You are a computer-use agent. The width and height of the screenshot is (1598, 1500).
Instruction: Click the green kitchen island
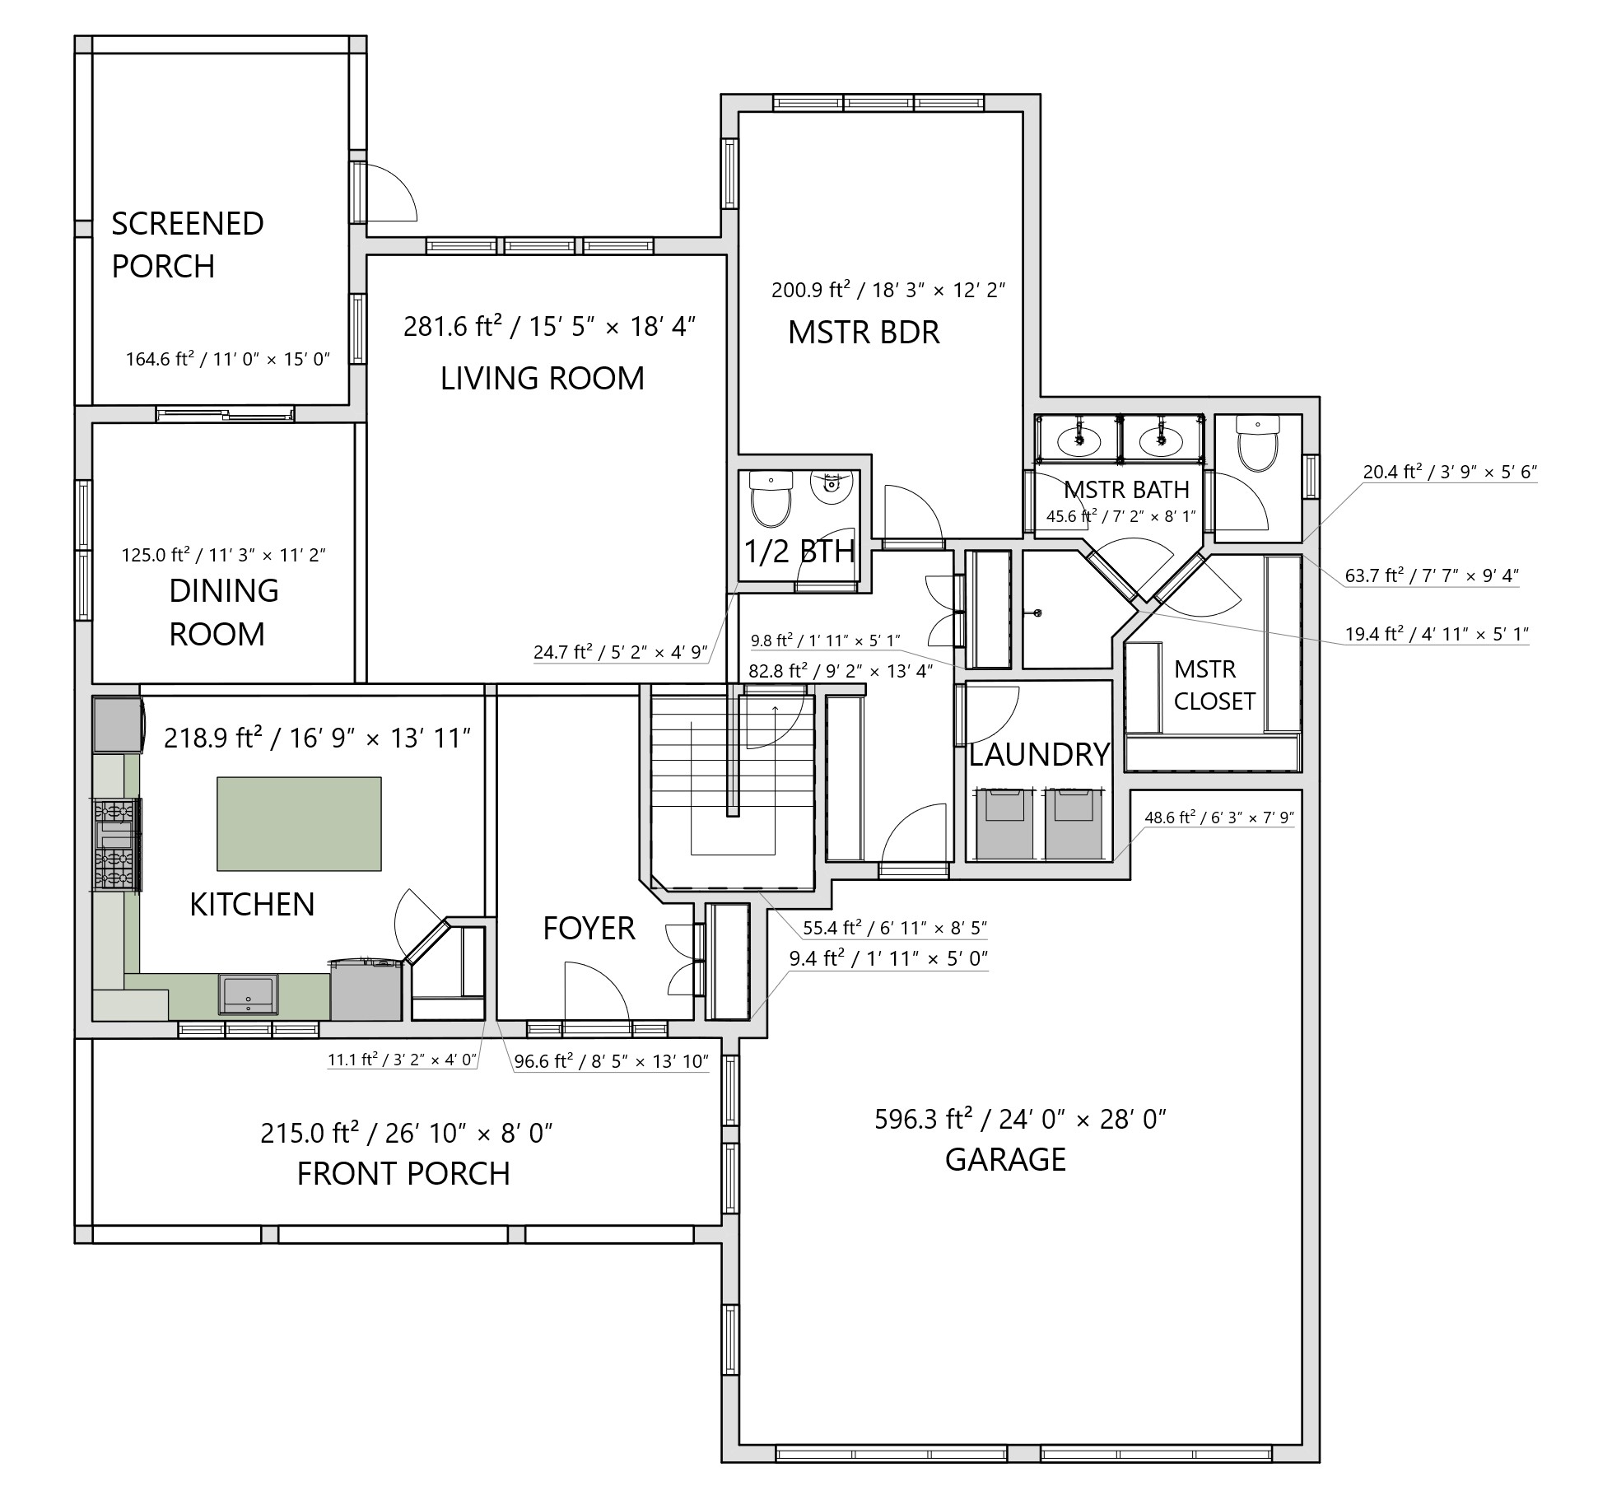(299, 823)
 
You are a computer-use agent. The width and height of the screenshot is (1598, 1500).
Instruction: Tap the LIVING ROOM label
(543, 379)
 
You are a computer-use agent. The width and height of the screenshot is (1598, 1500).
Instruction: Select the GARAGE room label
(1005, 1160)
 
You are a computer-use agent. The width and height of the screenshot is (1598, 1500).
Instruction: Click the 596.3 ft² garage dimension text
(1021, 1120)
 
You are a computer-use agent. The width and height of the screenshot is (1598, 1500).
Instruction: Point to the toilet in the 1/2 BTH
(771, 499)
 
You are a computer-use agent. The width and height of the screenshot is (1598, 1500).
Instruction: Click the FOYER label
(589, 929)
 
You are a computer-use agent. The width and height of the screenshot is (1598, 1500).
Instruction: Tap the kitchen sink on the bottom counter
(248, 994)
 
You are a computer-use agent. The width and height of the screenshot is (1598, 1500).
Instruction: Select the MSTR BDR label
(864, 333)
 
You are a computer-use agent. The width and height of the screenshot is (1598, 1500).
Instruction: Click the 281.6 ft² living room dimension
(550, 327)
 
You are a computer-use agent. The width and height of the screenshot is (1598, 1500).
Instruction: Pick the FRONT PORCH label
(403, 1174)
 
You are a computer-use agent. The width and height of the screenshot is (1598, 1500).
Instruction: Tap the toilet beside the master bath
(1258, 444)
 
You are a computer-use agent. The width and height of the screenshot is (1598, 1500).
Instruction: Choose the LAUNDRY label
(1040, 755)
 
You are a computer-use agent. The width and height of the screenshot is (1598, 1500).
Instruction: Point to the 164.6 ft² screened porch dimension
(227, 359)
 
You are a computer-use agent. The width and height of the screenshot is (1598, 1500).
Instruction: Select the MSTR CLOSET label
(1214, 685)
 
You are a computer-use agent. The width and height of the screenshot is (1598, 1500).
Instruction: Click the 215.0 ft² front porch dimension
(406, 1134)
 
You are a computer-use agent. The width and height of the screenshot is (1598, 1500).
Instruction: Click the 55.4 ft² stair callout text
(895, 928)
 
